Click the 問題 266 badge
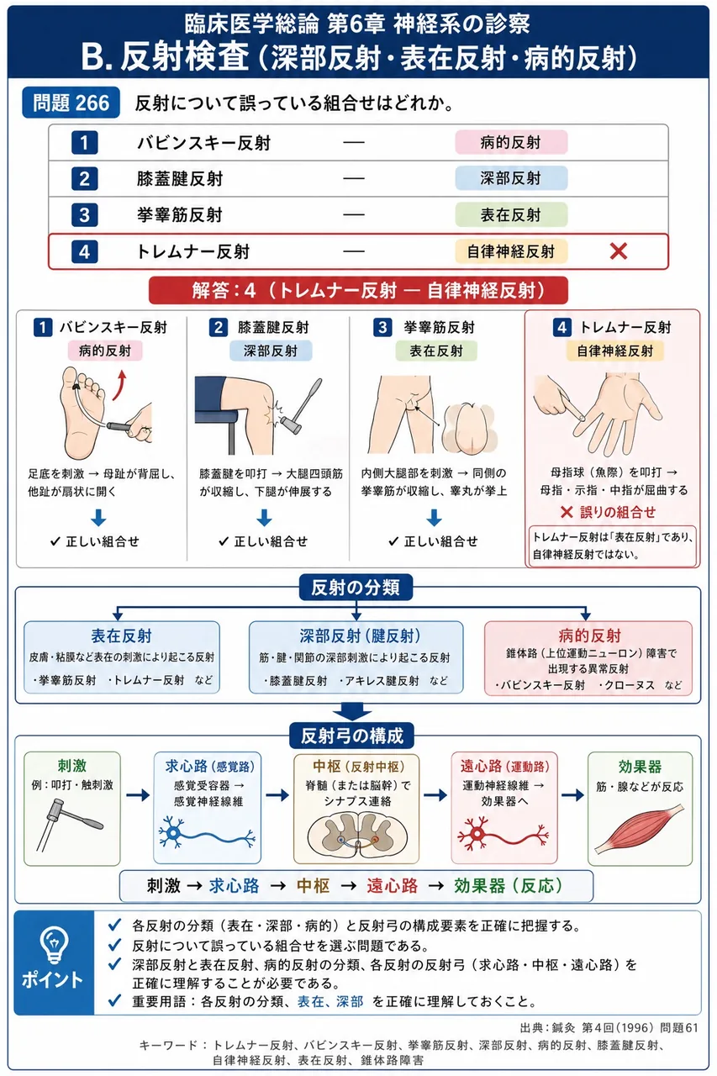(71, 103)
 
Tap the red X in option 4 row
(618, 251)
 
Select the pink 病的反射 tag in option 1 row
(511, 142)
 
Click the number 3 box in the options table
(85, 214)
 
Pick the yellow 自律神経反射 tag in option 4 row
(511, 251)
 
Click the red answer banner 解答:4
(358, 290)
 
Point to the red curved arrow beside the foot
(119, 385)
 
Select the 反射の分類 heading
(356, 587)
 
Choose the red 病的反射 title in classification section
(590, 636)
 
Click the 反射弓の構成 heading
(352, 736)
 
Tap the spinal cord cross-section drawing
(357, 835)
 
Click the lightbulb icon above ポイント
(54, 944)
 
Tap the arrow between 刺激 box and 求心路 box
(138, 795)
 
